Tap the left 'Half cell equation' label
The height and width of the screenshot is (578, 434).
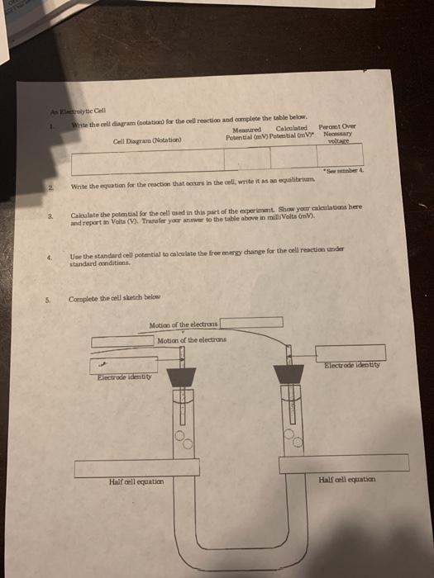tap(136, 481)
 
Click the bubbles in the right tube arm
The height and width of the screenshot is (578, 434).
tap(294, 435)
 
